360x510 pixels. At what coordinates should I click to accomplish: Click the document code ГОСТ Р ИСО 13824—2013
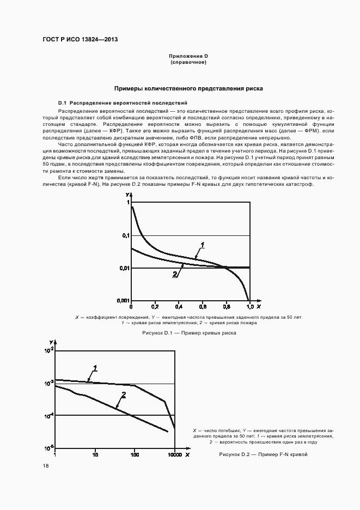pos(80,40)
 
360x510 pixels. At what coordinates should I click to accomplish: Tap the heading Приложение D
pos(188,57)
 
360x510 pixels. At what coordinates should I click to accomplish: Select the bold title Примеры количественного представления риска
pos(188,88)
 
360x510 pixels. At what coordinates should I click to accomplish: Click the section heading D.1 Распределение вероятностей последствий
pos(123,102)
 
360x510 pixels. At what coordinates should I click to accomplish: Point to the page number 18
pos(46,466)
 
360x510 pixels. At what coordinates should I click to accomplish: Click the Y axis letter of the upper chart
pos(127,195)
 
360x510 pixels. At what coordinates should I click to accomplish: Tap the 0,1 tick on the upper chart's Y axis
pos(126,235)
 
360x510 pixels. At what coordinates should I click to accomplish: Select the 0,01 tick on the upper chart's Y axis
pos(125,268)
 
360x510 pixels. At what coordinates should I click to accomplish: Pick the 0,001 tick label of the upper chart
pos(124,301)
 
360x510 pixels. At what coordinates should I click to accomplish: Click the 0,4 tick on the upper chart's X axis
pos(179,307)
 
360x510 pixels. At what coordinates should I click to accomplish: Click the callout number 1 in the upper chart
pos(202,245)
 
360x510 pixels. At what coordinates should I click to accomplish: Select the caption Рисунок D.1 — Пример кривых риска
pos(188,332)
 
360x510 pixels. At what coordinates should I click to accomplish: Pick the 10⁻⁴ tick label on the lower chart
pos(48,415)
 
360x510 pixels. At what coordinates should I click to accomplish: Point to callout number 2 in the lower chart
pos(124,395)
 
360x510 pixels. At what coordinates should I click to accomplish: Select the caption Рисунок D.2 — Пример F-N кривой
pos(264,454)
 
